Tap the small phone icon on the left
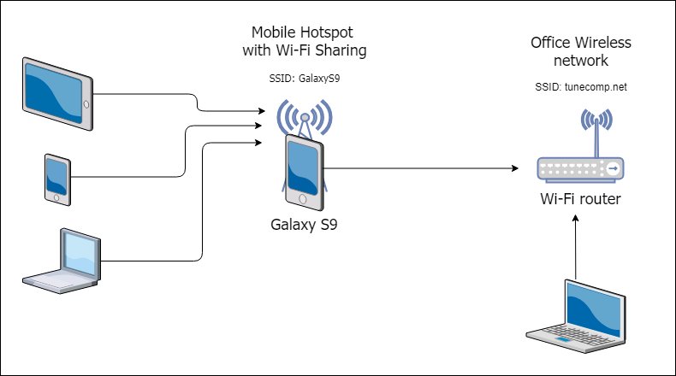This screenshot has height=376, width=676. (x=57, y=179)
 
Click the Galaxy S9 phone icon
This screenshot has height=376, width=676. (x=305, y=171)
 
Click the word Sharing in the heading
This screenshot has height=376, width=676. (x=340, y=51)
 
